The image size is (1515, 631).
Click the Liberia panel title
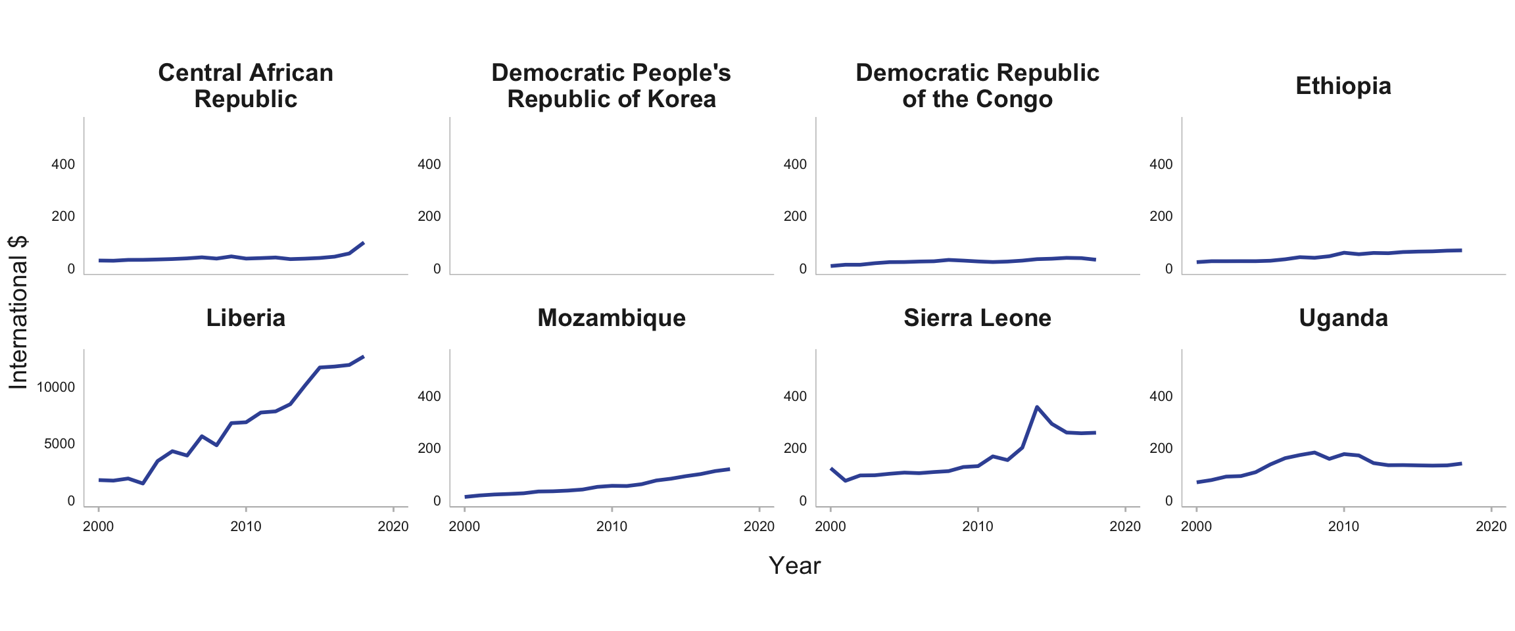click(x=246, y=318)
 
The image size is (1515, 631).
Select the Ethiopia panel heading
click(x=1343, y=86)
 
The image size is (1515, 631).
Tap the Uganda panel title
click(x=1343, y=318)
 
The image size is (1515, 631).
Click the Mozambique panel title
click(x=612, y=318)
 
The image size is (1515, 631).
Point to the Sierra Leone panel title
click(x=977, y=318)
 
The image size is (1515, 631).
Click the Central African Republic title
click(x=246, y=86)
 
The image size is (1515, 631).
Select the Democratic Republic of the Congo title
click(x=977, y=86)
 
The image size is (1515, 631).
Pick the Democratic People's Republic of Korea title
click(x=612, y=86)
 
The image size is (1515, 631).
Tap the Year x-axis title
click(x=794, y=566)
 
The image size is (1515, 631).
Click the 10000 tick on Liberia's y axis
click(x=56, y=387)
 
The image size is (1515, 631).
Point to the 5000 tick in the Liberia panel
click(x=60, y=444)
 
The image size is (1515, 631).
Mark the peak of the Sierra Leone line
click(x=1037, y=407)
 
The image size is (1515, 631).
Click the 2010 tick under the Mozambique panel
click(x=612, y=526)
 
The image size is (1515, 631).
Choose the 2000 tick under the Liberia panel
click(x=99, y=526)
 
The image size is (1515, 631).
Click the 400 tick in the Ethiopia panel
click(x=1161, y=164)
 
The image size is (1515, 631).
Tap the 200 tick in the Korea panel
click(x=429, y=216)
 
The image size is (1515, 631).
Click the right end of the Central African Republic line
click(x=364, y=243)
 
